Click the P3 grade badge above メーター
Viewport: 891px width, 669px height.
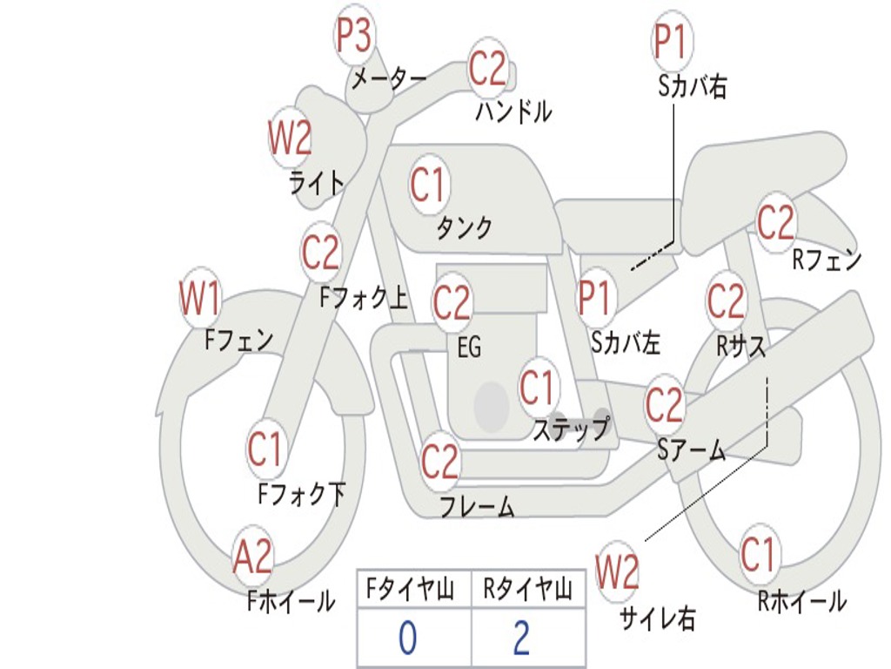coord(354,37)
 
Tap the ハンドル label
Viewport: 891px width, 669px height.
coord(513,111)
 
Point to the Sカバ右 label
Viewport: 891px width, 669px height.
coord(692,87)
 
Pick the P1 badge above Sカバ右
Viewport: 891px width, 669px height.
coord(670,41)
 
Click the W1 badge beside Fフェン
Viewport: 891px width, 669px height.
coord(199,299)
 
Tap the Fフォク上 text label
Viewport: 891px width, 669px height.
coord(363,300)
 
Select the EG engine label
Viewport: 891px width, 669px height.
coord(469,348)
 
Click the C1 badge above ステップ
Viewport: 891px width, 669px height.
coord(537,388)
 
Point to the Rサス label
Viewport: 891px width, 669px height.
coord(741,347)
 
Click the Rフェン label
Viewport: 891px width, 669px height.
coord(826,260)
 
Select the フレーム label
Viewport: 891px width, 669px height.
coord(476,506)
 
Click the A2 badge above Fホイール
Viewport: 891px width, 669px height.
coord(253,557)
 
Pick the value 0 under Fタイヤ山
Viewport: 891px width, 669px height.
coord(407,639)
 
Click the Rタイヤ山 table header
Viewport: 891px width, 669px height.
coord(527,591)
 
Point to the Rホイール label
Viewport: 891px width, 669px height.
coord(801,600)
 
